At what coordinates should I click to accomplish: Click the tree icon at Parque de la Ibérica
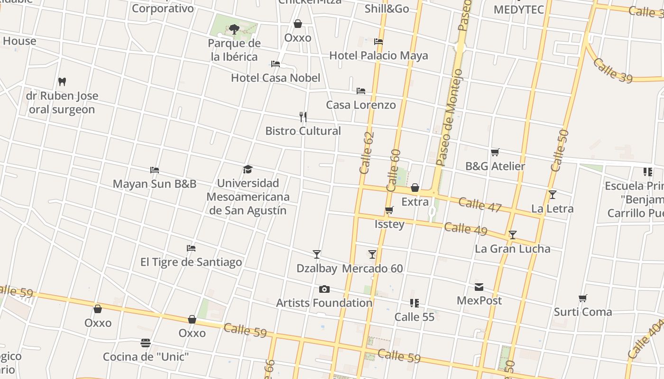pos(234,29)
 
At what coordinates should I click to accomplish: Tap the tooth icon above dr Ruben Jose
pos(62,82)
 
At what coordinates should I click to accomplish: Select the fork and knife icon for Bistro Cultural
pos(303,117)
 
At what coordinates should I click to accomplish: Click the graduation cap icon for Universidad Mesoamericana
pos(248,170)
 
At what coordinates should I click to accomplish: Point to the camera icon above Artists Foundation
pos(324,289)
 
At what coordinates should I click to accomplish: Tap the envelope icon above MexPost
pos(479,287)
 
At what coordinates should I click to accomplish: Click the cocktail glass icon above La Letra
pos(552,195)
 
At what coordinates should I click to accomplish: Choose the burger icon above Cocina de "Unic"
pos(146,343)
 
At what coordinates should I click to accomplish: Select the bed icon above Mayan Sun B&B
pos(154,170)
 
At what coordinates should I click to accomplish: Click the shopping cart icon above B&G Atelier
pos(495,153)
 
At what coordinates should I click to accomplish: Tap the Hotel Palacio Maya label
pos(378,55)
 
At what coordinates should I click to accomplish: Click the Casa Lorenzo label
pos(361,105)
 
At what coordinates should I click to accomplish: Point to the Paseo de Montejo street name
pos(449,117)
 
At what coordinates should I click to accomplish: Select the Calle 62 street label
pos(367,153)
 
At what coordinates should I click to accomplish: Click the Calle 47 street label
pos(480,205)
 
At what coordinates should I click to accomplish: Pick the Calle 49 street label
pos(466,229)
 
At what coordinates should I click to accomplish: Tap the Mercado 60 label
pos(372,269)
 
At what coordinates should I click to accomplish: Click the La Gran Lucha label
pos(512,249)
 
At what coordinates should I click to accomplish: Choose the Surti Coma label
pos(583,312)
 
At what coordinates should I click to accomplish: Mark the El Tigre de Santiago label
pos(191,262)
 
